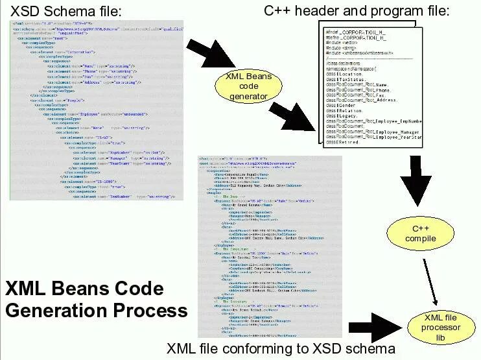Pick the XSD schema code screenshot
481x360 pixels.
click(x=97, y=110)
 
